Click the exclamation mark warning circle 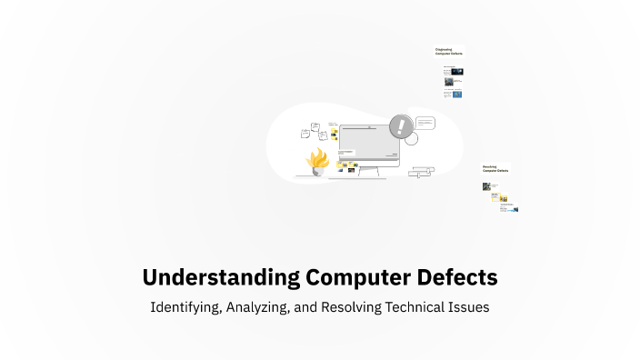(400, 126)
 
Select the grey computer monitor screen (369, 142)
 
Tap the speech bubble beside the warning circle (426, 124)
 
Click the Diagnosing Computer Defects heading (449, 53)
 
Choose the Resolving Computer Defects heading (495, 168)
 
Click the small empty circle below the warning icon (411, 139)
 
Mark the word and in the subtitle (306, 307)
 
